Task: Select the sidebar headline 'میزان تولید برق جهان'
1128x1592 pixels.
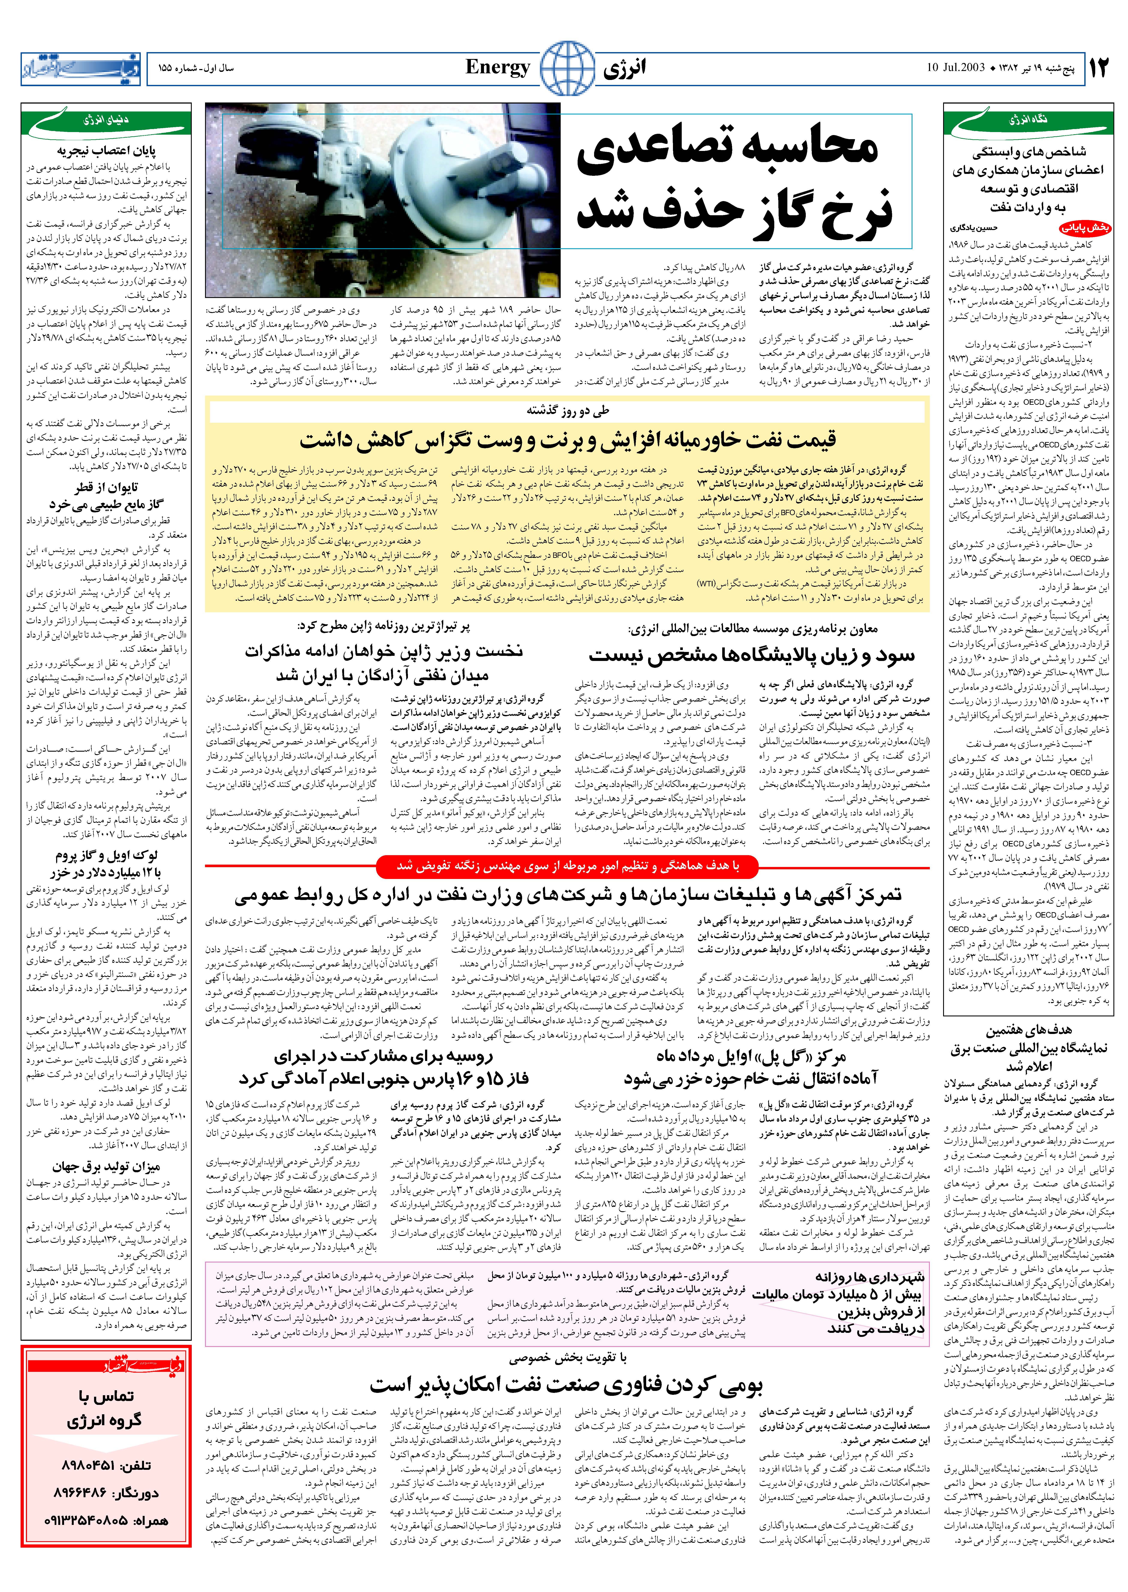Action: pos(106,1167)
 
